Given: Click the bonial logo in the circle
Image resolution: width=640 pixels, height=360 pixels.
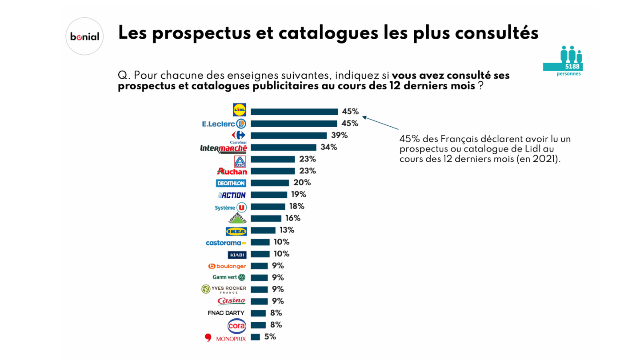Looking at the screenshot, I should click(84, 36).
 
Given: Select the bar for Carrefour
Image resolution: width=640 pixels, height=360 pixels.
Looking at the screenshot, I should click(288, 136).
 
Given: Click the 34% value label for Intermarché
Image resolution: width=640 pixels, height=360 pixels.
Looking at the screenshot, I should click(328, 147).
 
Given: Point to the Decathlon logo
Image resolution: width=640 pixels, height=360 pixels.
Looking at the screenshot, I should click(231, 183).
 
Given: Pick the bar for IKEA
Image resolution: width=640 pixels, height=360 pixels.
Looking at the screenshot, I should click(263, 230).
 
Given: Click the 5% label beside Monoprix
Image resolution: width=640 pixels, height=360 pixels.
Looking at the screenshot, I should click(270, 337).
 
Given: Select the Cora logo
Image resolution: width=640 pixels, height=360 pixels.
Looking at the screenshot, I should click(236, 326).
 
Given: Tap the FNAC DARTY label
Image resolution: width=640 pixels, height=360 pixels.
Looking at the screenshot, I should click(226, 313).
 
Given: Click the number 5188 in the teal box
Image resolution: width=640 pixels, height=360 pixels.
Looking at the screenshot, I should click(572, 67).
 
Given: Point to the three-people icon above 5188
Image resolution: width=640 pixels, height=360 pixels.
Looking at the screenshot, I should click(571, 54).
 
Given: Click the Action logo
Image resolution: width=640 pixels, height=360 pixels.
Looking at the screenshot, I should click(232, 195).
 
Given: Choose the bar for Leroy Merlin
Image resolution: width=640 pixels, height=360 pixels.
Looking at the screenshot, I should click(266, 218).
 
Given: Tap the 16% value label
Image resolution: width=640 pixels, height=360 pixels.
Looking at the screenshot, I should click(292, 218).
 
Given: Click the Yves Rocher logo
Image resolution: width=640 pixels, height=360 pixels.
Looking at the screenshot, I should click(224, 289).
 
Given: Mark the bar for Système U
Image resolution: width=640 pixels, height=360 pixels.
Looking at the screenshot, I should click(268, 207).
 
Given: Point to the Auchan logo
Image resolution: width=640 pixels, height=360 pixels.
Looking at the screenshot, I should click(232, 171).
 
